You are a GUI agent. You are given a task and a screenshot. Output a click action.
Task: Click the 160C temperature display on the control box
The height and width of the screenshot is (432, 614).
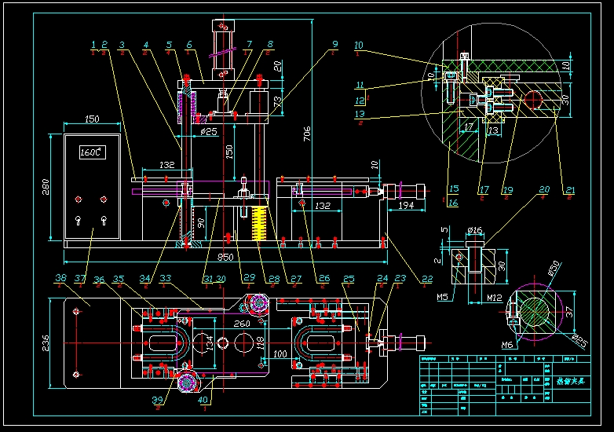(91, 153)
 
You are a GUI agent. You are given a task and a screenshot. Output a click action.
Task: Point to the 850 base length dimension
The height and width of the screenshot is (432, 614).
(225, 256)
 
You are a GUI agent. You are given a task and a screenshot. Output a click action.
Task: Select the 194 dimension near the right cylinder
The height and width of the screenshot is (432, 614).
(407, 205)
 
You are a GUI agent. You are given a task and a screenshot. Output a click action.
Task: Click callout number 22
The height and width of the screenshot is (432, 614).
(426, 277)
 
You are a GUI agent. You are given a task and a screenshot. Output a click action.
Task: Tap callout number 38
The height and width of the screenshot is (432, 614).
(60, 277)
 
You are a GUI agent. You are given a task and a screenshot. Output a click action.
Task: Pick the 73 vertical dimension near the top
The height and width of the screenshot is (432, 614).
(277, 102)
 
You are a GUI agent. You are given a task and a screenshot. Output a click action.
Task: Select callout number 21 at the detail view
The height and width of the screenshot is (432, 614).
(570, 189)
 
